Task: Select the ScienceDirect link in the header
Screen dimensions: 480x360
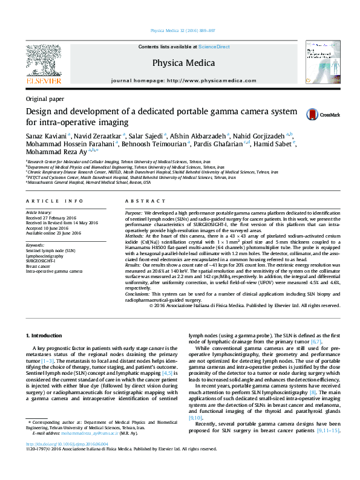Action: coord(214,47)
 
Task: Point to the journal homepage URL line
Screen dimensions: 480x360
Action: coord(180,81)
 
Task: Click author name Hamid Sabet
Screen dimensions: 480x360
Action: coord(272,144)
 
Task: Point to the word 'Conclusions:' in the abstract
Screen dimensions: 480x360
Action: coord(139,294)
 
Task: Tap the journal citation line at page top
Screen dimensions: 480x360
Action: coord(180,30)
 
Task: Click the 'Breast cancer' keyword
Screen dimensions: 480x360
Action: coord(39,266)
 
